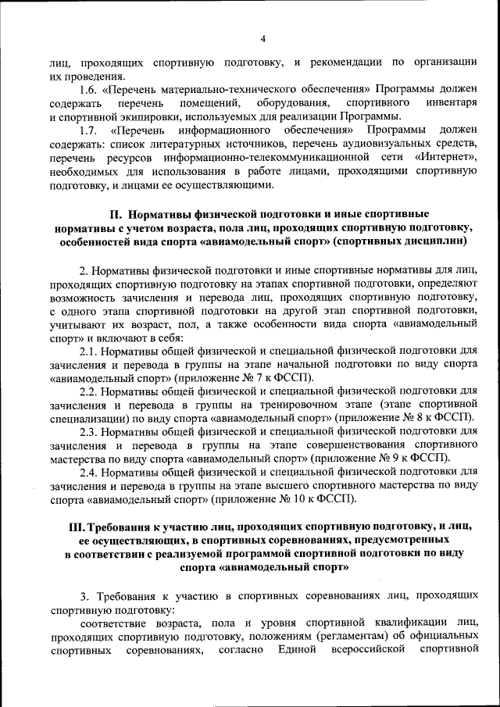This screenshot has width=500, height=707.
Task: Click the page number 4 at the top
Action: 263,37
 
